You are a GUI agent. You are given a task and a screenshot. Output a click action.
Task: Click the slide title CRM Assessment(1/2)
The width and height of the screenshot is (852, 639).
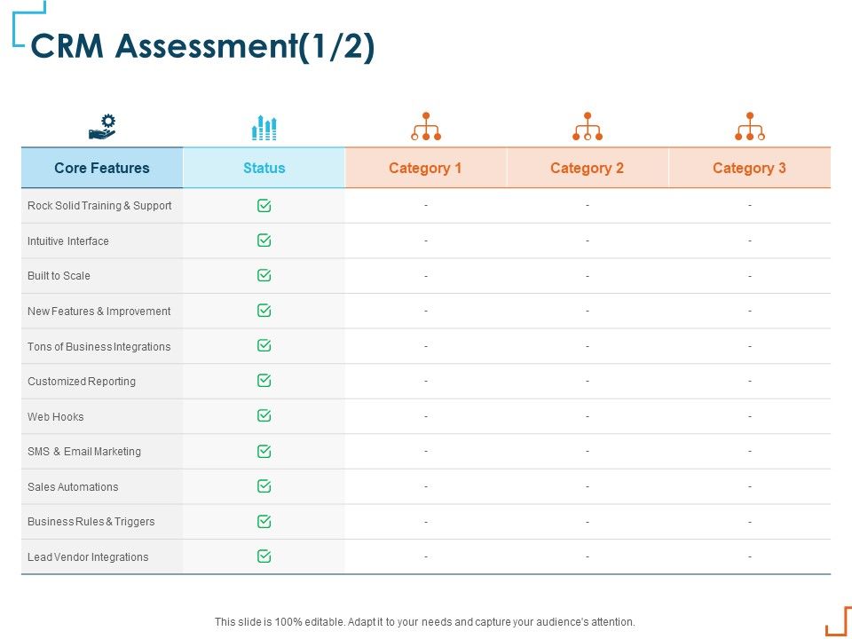click(202, 47)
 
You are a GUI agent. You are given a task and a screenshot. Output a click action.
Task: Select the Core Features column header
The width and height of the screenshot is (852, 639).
click(102, 168)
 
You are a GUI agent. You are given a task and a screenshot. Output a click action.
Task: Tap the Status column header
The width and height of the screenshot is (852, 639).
click(264, 168)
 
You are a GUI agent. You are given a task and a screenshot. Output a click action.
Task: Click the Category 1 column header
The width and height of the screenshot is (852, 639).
click(425, 168)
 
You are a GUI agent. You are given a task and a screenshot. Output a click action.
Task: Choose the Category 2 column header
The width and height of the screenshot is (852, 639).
click(587, 168)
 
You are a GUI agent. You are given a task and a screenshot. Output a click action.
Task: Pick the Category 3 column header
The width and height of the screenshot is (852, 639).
click(749, 168)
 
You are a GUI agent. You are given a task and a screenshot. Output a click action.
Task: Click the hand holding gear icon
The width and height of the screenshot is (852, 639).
click(102, 127)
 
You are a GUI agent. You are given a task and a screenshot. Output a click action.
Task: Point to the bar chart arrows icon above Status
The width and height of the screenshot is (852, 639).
click(264, 128)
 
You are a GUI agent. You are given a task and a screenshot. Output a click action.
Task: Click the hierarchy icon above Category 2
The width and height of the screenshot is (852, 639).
click(587, 127)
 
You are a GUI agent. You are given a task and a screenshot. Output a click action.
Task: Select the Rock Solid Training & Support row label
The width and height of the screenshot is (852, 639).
click(99, 206)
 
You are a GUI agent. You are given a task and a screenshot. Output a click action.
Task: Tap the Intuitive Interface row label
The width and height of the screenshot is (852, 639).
click(68, 241)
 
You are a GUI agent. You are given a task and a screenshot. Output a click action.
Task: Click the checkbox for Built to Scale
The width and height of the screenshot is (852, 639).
click(264, 275)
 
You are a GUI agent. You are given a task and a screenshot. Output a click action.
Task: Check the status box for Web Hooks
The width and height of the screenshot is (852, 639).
click(264, 416)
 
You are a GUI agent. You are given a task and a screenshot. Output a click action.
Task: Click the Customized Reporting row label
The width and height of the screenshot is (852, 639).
click(82, 382)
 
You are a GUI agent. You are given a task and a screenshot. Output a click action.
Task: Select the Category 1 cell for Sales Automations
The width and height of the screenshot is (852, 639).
click(426, 486)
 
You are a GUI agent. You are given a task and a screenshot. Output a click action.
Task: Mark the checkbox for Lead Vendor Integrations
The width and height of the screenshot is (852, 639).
click(264, 556)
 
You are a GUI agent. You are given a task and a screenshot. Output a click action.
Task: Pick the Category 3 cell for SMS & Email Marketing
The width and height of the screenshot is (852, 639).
click(750, 452)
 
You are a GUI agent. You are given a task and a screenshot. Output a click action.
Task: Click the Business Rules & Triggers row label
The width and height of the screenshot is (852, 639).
click(91, 522)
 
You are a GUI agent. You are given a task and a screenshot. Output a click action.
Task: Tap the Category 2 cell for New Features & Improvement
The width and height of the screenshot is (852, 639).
click(588, 312)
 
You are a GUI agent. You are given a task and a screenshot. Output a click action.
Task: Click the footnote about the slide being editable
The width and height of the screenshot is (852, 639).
click(425, 622)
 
